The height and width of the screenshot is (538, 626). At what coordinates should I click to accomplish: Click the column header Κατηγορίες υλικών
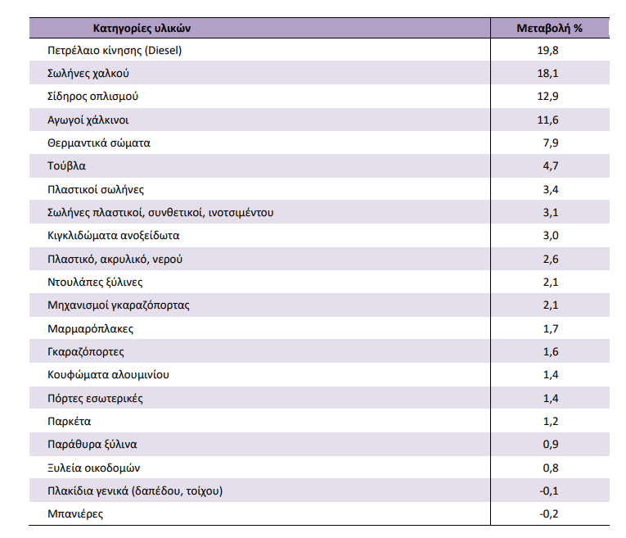click(142, 29)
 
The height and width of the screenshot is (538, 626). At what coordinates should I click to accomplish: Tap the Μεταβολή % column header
click(549, 29)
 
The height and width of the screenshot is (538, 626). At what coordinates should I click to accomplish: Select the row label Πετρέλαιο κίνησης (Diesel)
click(115, 51)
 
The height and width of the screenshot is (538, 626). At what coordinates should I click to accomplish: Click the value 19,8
click(547, 51)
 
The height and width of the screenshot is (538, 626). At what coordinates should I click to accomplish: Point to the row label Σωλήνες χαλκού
click(88, 74)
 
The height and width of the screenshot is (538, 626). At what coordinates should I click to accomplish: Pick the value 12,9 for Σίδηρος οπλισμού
click(547, 97)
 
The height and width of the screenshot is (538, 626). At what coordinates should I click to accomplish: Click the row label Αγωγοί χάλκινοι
click(88, 120)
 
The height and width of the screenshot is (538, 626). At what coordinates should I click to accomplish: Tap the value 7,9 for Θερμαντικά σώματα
click(551, 143)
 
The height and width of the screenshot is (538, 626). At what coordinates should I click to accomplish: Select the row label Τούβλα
click(66, 165)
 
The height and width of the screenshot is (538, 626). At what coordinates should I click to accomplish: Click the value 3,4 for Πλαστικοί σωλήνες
click(551, 189)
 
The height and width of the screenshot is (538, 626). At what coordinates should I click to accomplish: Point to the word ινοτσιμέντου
click(241, 212)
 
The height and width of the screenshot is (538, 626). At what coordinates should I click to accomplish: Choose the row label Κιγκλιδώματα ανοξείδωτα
click(114, 236)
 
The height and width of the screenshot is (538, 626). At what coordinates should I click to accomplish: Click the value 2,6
click(551, 260)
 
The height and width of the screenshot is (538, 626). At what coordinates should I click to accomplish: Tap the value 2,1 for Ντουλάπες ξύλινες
click(551, 283)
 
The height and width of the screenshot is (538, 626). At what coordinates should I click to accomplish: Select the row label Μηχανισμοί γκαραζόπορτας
click(119, 305)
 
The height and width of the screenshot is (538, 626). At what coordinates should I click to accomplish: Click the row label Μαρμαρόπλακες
click(91, 328)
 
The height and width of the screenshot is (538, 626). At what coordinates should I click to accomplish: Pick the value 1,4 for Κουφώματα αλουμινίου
click(551, 375)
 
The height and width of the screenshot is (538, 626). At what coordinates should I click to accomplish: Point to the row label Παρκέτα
click(69, 422)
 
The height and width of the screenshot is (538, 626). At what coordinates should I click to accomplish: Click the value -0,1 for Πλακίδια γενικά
click(549, 491)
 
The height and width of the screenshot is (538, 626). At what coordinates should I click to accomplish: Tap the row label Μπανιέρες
click(75, 514)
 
